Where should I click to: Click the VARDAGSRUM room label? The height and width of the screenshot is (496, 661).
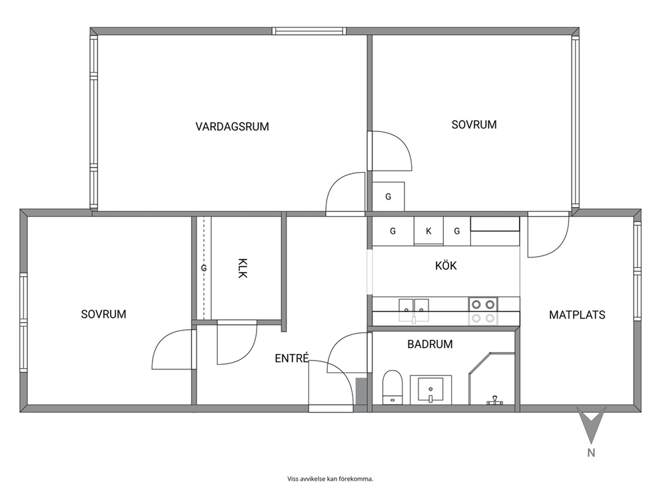click(x=233, y=127)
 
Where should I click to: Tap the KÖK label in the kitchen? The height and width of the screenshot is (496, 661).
click(x=446, y=266)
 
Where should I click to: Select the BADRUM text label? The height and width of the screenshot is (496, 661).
click(x=430, y=344)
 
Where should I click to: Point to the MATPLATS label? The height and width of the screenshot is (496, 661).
click(x=577, y=315)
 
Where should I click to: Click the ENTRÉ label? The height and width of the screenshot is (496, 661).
click(x=292, y=358)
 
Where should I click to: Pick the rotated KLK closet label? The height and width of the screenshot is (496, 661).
click(x=243, y=268)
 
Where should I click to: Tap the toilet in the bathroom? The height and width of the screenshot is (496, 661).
click(x=392, y=387)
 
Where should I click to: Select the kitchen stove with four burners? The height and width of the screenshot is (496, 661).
click(x=483, y=311)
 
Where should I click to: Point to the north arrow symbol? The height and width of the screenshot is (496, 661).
click(x=591, y=425)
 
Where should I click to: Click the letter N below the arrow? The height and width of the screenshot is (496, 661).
click(x=592, y=453)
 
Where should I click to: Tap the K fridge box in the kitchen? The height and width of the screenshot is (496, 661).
click(x=428, y=231)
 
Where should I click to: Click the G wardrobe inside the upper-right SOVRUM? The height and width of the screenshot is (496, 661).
click(x=388, y=197)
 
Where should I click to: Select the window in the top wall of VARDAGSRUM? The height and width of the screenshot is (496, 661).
click(x=309, y=31)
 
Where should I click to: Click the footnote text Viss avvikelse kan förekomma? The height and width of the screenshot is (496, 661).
click(x=330, y=479)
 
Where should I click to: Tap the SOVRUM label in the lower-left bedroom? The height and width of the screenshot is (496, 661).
click(x=104, y=314)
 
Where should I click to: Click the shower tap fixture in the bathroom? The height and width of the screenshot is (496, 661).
click(x=495, y=400)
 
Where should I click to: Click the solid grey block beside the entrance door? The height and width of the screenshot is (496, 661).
click(x=361, y=391)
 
